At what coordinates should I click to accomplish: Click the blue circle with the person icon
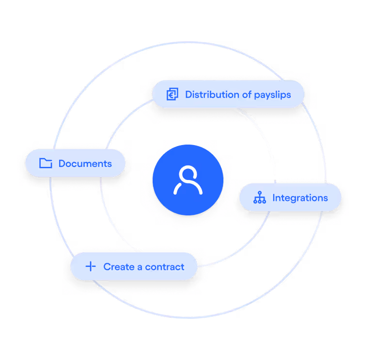point(188,180)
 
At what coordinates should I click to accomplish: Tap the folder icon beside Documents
point(46,164)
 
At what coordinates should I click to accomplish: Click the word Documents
point(85,164)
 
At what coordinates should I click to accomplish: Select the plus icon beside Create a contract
point(90,267)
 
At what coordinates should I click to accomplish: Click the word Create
point(119,267)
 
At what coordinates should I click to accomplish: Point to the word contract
point(165,267)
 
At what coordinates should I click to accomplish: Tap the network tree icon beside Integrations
point(260,197)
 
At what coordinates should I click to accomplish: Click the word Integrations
point(300,198)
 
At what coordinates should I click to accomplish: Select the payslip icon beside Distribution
point(172,94)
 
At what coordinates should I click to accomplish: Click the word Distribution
point(212,94)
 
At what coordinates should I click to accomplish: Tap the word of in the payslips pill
point(247,94)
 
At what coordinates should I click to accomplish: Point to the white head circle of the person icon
point(188,174)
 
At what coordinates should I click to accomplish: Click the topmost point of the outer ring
point(188,42)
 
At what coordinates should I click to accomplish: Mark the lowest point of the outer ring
point(188,317)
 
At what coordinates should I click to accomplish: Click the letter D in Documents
point(62,164)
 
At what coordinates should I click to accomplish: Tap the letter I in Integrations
point(274,198)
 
